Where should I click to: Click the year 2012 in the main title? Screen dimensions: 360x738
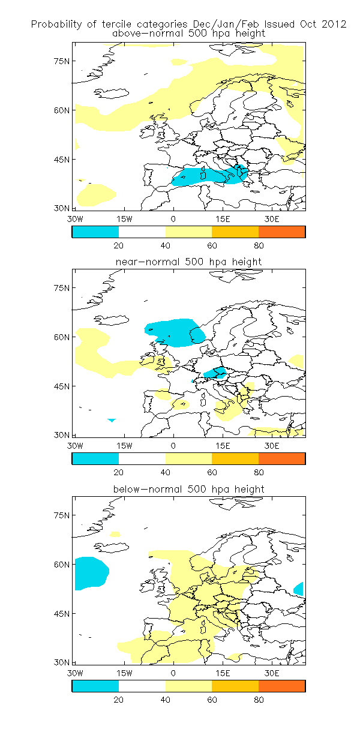point(334,24)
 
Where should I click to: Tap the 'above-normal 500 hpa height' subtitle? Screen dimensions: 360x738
point(189,33)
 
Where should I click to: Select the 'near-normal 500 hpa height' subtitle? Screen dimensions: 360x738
point(189,262)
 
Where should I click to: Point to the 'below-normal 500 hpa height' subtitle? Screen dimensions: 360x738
point(189,489)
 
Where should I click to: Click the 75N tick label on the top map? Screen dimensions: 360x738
point(62,61)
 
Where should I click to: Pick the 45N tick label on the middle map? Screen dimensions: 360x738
point(62,386)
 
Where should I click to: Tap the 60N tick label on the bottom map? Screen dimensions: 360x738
point(62,565)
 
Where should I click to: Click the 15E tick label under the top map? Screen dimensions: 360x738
point(223,219)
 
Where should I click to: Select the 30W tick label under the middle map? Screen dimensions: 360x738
point(75,446)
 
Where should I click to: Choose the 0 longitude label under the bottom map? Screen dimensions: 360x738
point(173,673)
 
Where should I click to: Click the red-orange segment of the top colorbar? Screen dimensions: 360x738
point(282,232)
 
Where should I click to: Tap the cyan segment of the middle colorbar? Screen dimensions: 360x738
point(95,458)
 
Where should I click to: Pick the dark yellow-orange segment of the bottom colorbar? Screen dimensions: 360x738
point(235,686)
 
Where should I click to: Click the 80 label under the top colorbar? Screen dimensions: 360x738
point(259,246)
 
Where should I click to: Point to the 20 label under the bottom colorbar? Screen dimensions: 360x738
point(119,700)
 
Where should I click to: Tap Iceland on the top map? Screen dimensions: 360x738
point(112,93)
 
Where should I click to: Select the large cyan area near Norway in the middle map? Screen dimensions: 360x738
point(175,332)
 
